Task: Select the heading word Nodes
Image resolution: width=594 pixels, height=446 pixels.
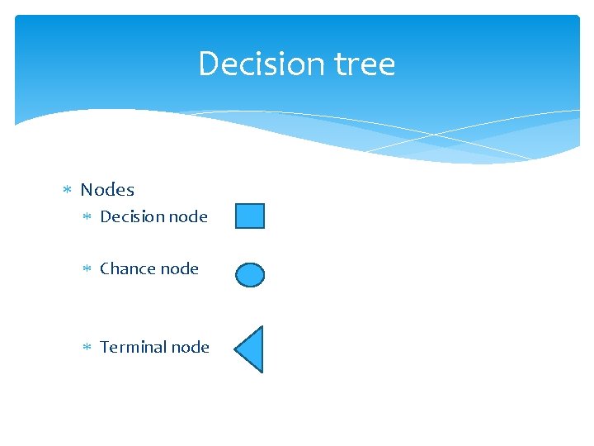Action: (x=107, y=190)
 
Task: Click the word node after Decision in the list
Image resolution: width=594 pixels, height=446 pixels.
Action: (x=188, y=217)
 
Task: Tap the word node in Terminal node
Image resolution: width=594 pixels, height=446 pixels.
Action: (x=190, y=347)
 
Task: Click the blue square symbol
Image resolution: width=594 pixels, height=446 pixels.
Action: (x=250, y=216)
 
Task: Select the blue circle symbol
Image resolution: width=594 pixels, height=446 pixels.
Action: (x=250, y=275)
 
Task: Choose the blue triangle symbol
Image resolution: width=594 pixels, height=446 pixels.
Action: (x=252, y=349)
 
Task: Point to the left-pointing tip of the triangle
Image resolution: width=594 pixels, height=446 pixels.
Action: (x=236, y=349)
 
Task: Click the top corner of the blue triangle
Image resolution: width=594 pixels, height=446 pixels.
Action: (x=262, y=328)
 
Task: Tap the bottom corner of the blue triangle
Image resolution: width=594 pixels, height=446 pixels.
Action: (x=262, y=372)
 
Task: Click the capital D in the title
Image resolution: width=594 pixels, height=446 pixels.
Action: (x=208, y=64)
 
